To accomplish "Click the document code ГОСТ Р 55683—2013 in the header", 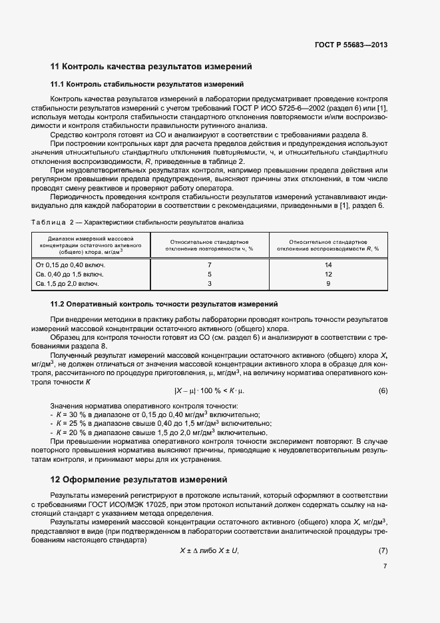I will [351, 45].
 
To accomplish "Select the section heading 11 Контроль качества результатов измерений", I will [151, 67].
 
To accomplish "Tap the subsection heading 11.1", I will [147, 85].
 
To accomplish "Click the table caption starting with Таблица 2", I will [137, 221].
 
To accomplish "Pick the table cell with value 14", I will [328, 265].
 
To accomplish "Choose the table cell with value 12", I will [328, 274].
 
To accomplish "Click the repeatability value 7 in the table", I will [210, 265].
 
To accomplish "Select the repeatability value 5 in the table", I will [210, 274].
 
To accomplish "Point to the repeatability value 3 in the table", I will [210, 283].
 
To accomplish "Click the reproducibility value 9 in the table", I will [328, 283].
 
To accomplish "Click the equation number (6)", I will [383, 390].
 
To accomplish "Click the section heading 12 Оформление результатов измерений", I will [139, 479].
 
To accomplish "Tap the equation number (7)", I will [383, 550].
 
